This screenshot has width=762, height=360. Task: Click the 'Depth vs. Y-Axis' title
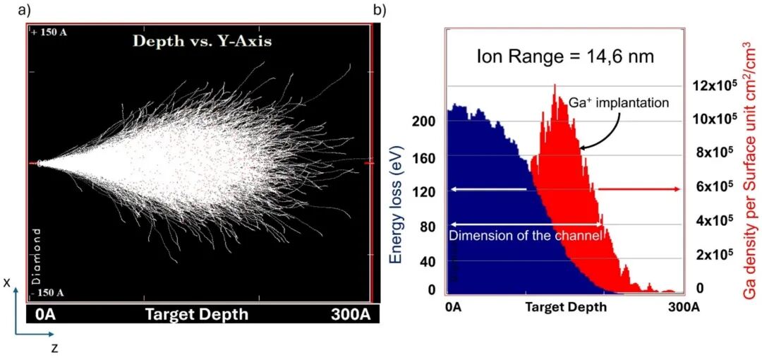202,41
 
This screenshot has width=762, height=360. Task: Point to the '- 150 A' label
47,292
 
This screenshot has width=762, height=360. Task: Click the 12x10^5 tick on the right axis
709,85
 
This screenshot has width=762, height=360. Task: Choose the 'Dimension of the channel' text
525,236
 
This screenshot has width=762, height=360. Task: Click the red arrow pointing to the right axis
639,189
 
